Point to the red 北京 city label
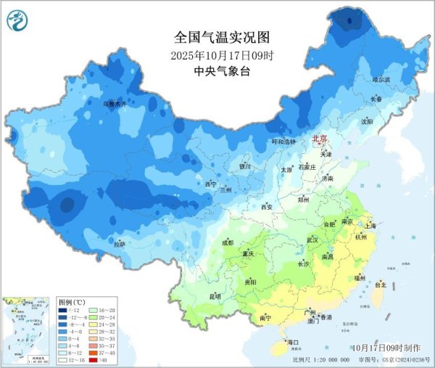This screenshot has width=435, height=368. (x=320, y=138)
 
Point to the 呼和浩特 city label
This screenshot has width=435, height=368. (x=283, y=142)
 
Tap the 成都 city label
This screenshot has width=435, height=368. (x=228, y=242)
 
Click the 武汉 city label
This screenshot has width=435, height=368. (x=313, y=239)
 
